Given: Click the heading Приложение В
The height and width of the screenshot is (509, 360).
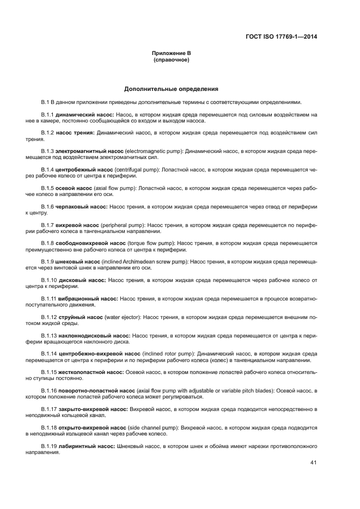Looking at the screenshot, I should tap(171, 53).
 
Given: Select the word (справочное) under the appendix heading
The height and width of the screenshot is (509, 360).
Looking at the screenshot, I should tap(171, 59).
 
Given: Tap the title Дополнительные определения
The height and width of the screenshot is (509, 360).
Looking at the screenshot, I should tap(171, 88).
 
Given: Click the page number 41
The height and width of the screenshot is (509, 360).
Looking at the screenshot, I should tap(313, 463).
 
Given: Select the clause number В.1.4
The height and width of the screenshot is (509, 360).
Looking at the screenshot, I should tap(47, 169).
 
